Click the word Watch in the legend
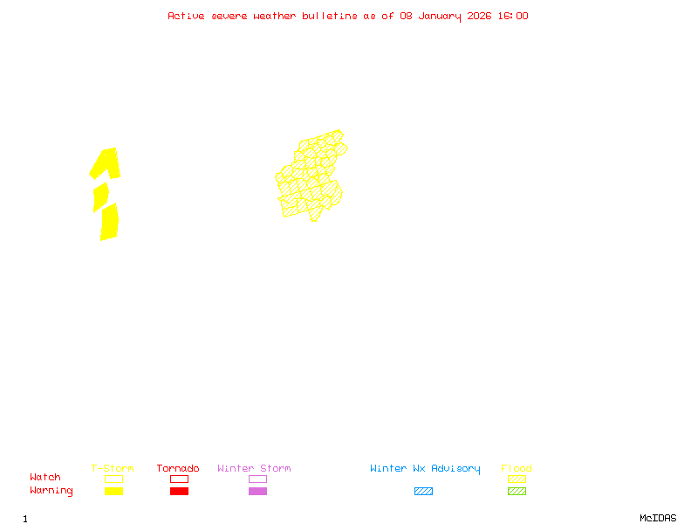45,478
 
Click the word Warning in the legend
51,491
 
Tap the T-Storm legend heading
113,469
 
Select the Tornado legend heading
178,469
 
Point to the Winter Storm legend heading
254,469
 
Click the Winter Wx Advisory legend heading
425,469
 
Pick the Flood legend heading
517,469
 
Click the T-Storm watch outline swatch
113,479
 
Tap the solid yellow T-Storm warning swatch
113,492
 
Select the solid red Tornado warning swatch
179,492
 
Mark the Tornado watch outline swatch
179,479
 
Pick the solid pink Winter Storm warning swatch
257,492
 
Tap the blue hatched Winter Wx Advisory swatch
423,492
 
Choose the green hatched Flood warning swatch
517,492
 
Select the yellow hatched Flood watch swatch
517,479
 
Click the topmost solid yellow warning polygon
106,163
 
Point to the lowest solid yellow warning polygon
109,222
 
